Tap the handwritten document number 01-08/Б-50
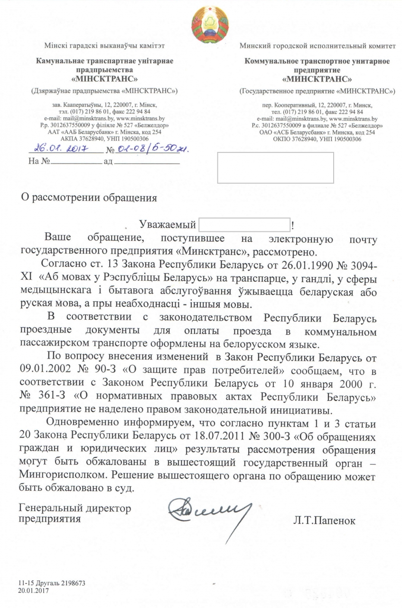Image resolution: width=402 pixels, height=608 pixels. (151, 149)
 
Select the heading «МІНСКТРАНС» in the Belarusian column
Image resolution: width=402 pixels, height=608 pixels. (105, 78)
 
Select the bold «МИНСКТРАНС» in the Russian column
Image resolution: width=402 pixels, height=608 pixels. (317, 78)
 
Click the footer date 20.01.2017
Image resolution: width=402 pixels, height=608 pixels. (33, 590)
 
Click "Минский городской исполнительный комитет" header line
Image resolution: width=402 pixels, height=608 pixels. (317, 46)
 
